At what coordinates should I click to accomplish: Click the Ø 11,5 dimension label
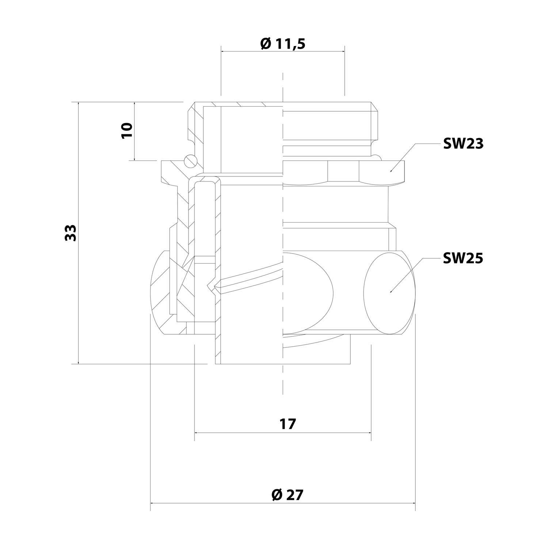[x=283, y=44]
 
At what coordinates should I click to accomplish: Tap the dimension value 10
[x=126, y=130]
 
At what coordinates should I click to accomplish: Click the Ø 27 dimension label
[x=288, y=495]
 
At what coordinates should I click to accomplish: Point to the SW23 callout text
[x=463, y=144]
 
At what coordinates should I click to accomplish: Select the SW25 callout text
[x=463, y=258]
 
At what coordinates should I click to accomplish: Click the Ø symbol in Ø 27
[x=276, y=495]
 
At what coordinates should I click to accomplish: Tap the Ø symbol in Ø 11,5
[x=266, y=44]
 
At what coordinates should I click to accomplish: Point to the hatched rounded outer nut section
[x=161, y=292]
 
